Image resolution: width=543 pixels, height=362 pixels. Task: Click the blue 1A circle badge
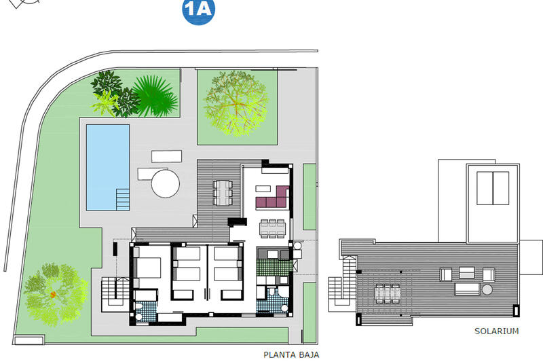point(198,12)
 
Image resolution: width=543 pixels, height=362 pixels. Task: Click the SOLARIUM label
point(496,331)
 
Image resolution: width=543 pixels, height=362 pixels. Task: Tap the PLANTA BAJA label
point(291,355)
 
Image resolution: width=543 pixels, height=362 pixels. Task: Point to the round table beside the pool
point(165,183)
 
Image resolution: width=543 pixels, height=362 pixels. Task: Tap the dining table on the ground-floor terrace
point(223,192)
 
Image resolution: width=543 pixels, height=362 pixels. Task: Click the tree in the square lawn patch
point(235,103)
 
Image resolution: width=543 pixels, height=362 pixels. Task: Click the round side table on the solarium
point(487,290)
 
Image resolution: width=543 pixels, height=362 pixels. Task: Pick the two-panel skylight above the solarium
point(492,187)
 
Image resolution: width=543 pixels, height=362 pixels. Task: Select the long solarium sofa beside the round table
point(466,289)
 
